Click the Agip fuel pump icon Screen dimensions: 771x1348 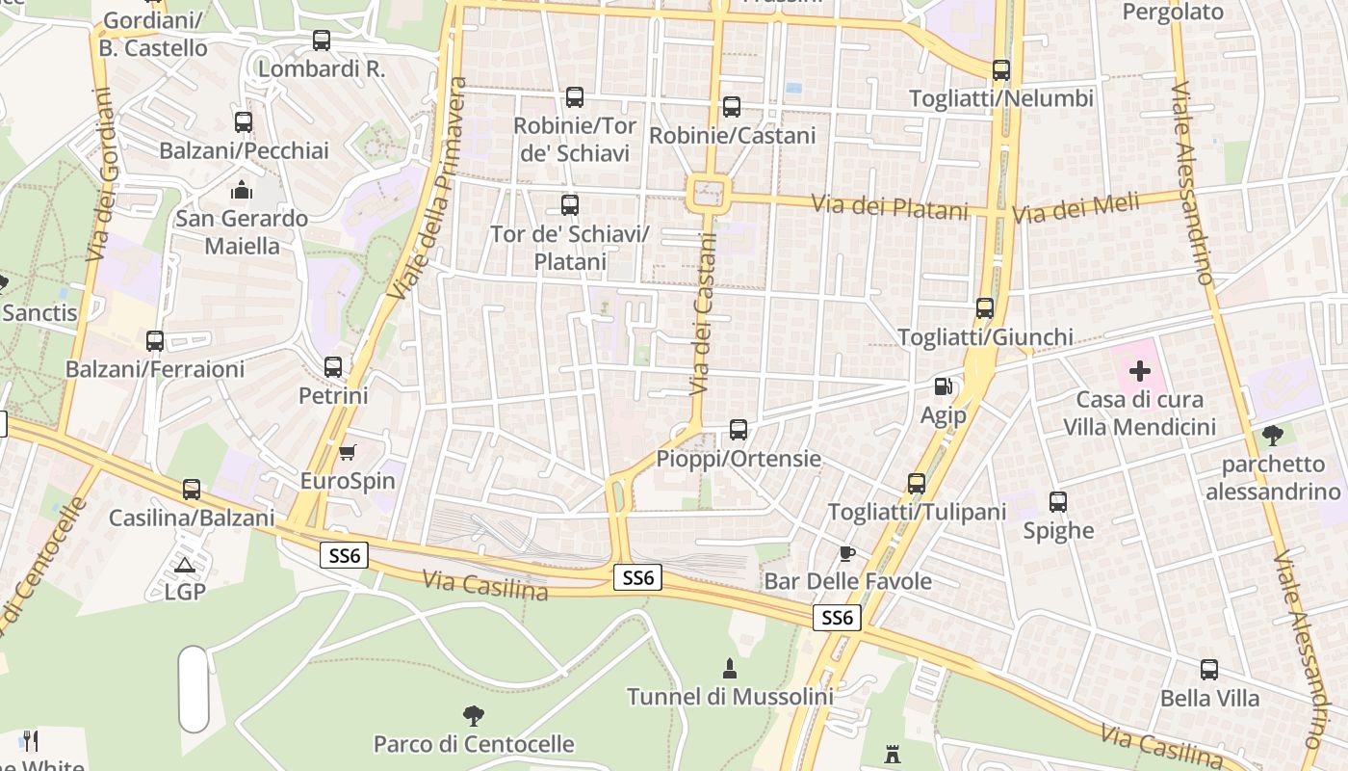pyautogui.click(x=944, y=387)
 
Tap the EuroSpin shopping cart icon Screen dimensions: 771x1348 pyautogui.click(x=348, y=452)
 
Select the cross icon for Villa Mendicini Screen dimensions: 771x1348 pyautogui.click(x=1140, y=371)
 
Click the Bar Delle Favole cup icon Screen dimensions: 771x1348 pyautogui.click(x=846, y=553)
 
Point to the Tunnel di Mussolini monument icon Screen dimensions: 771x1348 pyautogui.click(x=730, y=668)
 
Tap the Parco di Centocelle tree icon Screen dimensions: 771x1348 pyautogui.click(x=473, y=716)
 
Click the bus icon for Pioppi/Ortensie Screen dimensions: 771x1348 pyautogui.click(x=739, y=430)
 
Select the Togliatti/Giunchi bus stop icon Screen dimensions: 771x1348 pyautogui.click(x=985, y=308)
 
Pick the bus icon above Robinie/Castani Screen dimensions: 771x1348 pyautogui.click(x=732, y=107)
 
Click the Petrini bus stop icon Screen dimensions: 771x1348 pyautogui.click(x=333, y=367)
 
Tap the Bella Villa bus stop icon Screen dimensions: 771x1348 pyautogui.click(x=1209, y=670)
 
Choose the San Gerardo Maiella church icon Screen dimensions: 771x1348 pyautogui.click(x=242, y=190)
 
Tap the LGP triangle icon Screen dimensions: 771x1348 pyautogui.click(x=185, y=564)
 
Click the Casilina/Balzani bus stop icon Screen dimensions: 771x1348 pyautogui.click(x=192, y=490)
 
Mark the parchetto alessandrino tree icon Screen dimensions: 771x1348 pyautogui.click(x=1273, y=436)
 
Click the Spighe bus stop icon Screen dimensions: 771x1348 pyautogui.click(x=1058, y=502)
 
